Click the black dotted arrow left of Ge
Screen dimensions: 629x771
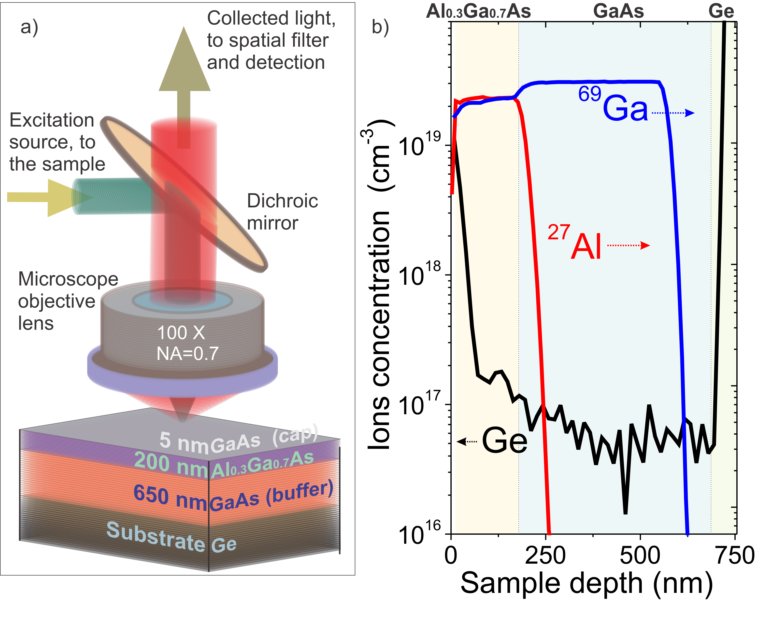coord(467,441)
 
